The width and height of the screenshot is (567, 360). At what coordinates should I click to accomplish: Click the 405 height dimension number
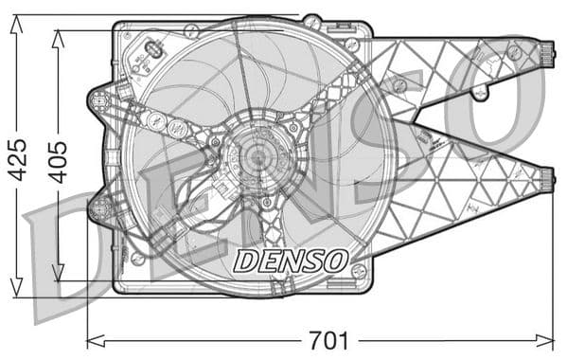pos(59,162)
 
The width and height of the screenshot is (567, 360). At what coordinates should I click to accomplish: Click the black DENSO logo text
pos(291,259)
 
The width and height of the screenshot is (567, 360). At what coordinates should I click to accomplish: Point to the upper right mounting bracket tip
pos(547,52)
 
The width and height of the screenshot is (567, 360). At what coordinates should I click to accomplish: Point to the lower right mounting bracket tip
pos(547,177)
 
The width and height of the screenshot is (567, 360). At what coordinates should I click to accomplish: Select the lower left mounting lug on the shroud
pos(98,207)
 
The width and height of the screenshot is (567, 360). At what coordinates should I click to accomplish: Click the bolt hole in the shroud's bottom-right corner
pos(358,271)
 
